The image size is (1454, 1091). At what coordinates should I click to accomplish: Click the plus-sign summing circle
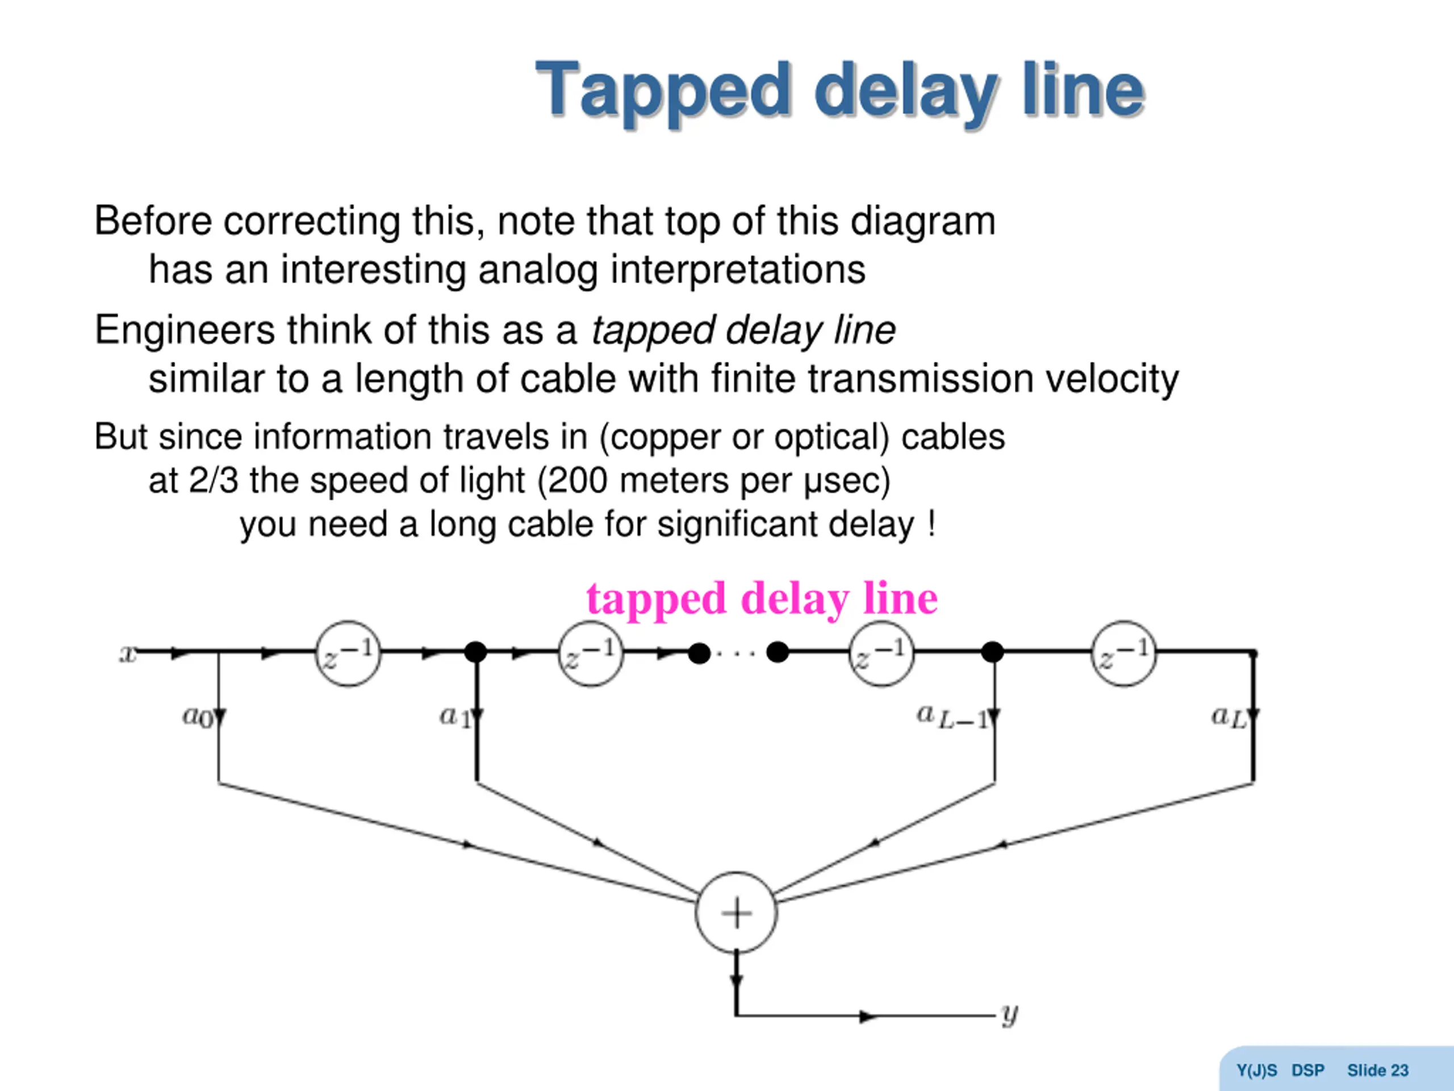[x=736, y=913]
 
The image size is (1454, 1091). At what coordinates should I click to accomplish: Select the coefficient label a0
[x=197, y=715]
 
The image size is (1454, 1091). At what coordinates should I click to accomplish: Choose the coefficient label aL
[x=1228, y=716]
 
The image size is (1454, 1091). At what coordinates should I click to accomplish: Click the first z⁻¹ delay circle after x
[x=348, y=653]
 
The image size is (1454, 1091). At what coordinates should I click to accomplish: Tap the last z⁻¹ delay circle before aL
[x=1123, y=653]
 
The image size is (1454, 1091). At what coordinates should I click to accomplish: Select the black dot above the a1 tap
[x=475, y=652]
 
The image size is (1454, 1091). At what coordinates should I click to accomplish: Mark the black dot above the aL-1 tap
[x=993, y=652]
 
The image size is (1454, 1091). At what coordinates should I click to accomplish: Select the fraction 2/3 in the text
[x=213, y=480]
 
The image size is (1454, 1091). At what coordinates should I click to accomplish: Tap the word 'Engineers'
[x=185, y=330]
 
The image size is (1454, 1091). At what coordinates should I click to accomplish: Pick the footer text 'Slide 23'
[x=1378, y=1071]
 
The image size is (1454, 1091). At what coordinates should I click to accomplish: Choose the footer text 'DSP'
[x=1307, y=1071]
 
